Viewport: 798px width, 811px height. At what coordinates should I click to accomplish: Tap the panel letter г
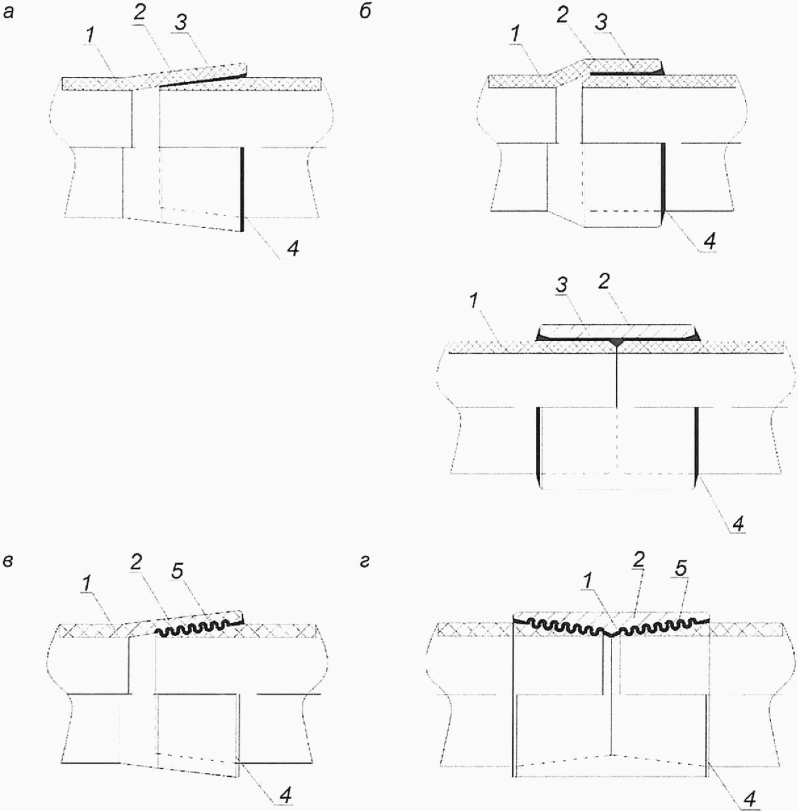click(365, 561)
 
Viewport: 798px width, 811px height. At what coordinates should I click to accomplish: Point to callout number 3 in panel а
click(181, 22)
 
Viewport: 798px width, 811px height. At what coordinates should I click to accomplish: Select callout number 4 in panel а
click(293, 248)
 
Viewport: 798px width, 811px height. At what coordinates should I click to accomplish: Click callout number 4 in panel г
click(749, 799)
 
